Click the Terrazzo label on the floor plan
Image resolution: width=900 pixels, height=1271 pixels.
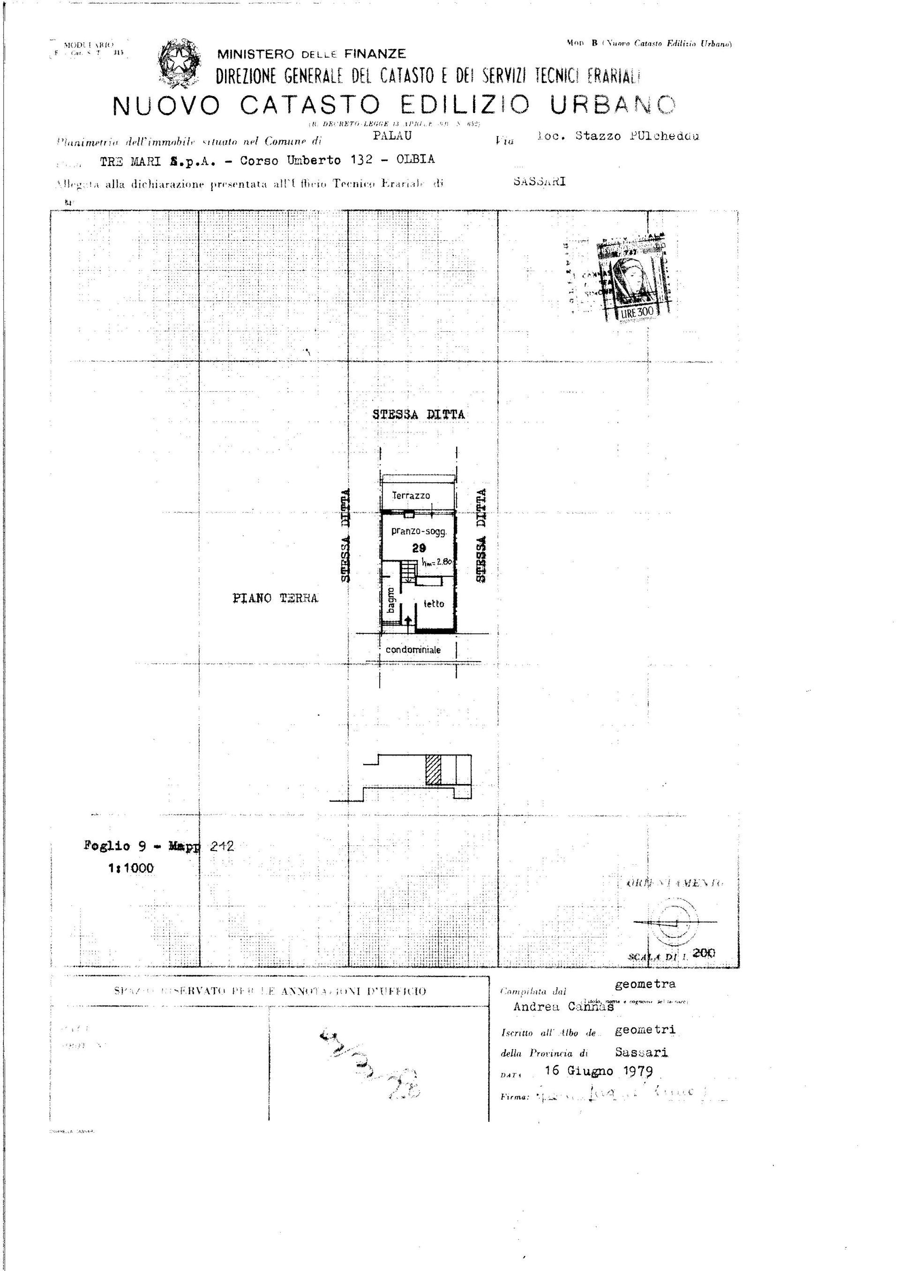coord(411,495)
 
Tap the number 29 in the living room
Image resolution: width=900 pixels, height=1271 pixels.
coord(419,548)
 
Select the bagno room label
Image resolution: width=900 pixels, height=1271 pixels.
coord(391,601)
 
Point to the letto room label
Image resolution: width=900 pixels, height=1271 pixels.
coord(434,603)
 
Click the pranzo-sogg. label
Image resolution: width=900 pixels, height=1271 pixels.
coord(419,531)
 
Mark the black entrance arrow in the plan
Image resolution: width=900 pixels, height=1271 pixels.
coord(408,622)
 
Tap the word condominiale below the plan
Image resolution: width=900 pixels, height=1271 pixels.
coord(413,649)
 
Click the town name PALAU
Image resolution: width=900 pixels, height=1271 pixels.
coord(392,135)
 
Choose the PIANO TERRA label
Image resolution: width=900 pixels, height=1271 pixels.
coord(276,598)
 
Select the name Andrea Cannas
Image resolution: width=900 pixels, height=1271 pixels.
coord(563,1006)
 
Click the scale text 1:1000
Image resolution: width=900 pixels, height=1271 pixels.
coord(131,868)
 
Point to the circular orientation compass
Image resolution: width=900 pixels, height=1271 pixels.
coord(675,922)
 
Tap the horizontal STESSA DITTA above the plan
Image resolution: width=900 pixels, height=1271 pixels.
coord(419,414)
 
